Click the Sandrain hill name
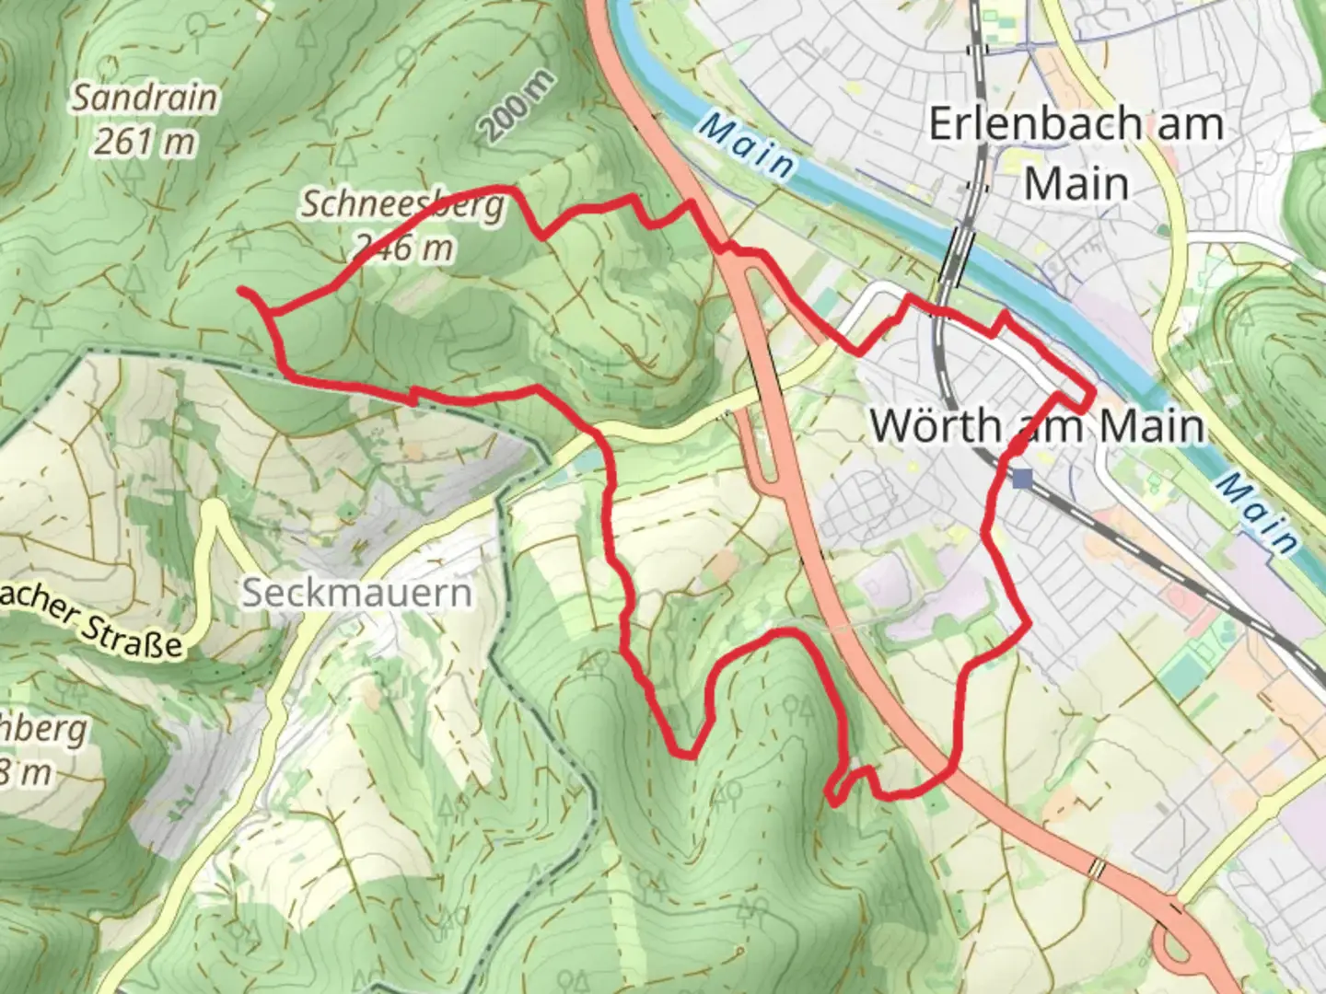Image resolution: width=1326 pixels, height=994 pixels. click(145, 98)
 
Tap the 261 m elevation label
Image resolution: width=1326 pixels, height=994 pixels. click(145, 142)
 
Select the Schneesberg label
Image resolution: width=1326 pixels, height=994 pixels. click(402, 204)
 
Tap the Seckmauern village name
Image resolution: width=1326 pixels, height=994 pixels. click(357, 593)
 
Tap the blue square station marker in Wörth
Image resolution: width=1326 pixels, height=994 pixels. click(1021, 478)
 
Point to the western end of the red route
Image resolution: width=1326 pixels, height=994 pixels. click(242, 291)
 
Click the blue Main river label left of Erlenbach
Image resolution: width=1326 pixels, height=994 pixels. click(745, 145)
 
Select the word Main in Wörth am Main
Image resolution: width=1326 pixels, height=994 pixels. click(1151, 426)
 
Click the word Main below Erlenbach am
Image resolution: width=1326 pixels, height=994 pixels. click(1076, 184)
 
